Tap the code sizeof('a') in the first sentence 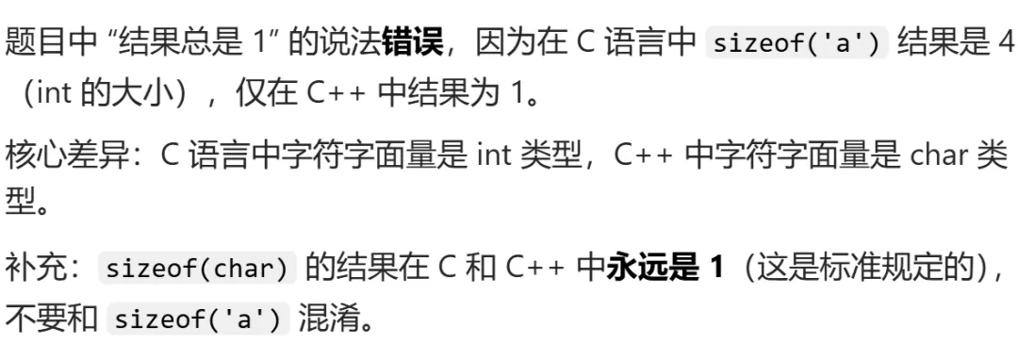point(796,43)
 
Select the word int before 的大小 point(53,94)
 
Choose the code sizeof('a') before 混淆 point(197,319)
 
